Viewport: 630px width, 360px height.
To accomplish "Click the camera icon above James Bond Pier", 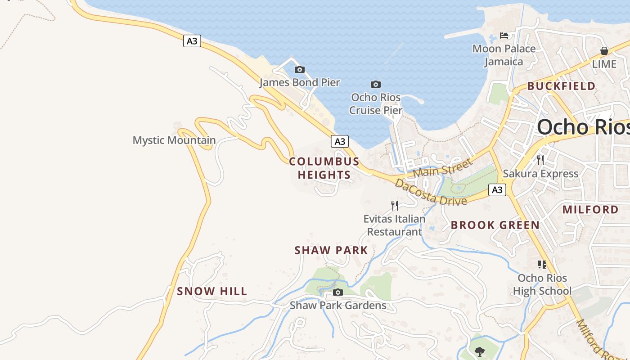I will pyautogui.click(x=299, y=69).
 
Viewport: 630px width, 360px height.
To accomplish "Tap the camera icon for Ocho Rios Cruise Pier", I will pyautogui.click(x=375, y=84).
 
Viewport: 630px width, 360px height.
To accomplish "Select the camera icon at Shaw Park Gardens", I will pyautogui.click(x=337, y=292).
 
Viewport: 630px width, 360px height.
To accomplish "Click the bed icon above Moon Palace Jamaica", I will pyautogui.click(x=504, y=36).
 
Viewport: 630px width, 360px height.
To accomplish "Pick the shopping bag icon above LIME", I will pyautogui.click(x=604, y=51).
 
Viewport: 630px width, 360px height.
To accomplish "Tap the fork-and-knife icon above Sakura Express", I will pyautogui.click(x=540, y=160).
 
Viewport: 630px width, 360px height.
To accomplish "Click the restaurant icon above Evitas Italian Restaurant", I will pyautogui.click(x=394, y=206).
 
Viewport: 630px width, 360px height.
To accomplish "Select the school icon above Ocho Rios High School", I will pyautogui.click(x=542, y=265).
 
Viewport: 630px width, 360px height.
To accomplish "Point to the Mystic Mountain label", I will pyautogui.click(x=174, y=140).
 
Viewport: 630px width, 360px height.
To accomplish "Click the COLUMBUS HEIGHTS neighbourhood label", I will pyautogui.click(x=324, y=168).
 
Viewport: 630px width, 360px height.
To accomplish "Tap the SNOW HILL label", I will pyautogui.click(x=212, y=292).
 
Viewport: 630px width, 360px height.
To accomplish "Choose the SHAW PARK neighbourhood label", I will pyautogui.click(x=331, y=251).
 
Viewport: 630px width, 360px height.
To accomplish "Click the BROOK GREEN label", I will pyautogui.click(x=495, y=225).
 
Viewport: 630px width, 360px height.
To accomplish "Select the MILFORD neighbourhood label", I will pyautogui.click(x=590, y=209).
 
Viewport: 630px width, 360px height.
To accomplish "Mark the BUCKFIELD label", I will pyautogui.click(x=561, y=86).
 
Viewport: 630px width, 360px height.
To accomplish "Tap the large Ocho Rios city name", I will pyautogui.click(x=583, y=127).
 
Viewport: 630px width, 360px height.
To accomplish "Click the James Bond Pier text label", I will pyautogui.click(x=300, y=82).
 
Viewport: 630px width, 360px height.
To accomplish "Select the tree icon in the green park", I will pyautogui.click(x=480, y=351).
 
